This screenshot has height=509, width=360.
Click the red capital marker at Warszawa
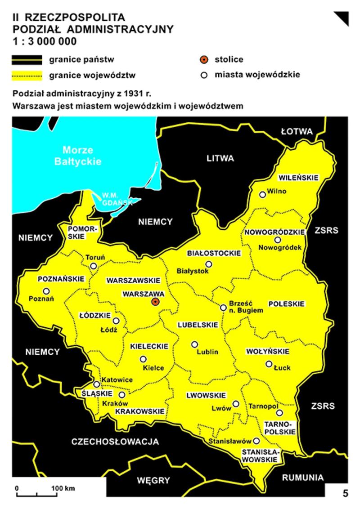[155, 302]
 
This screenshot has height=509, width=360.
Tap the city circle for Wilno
[262, 195]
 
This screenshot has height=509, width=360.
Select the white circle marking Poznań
[46, 291]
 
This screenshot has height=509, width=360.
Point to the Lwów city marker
[236, 404]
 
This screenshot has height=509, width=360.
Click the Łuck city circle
[269, 364]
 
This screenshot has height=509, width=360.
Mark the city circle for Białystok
[208, 264]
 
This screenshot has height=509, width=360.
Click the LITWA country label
[220, 158]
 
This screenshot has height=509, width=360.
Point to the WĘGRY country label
[154, 480]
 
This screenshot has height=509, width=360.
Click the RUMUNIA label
[302, 478]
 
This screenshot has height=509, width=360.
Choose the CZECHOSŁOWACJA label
[115, 442]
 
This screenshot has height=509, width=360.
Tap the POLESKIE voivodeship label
[287, 304]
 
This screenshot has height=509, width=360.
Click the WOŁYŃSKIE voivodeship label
[267, 351]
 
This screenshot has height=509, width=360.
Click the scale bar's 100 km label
[63, 488]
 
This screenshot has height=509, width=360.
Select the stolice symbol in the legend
[204, 60]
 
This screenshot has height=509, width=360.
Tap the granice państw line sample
[27, 60]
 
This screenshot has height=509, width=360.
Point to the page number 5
[345, 493]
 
